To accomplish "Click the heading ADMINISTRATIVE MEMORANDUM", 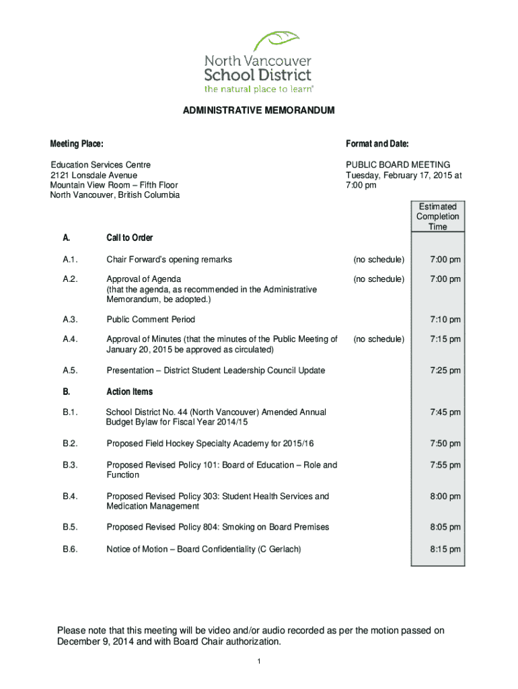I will click(x=258, y=110).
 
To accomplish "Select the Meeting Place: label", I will click(x=77, y=144).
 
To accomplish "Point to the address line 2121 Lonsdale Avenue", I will click(x=94, y=175).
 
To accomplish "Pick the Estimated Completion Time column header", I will click(x=437, y=217).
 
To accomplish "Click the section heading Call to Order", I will click(x=130, y=238).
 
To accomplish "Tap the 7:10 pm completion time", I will click(x=445, y=320).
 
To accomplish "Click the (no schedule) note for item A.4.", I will click(x=379, y=339).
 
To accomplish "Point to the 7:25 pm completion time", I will click(x=445, y=371).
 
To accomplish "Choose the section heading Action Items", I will click(x=130, y=392).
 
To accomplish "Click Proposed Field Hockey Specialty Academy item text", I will click(x=210, y=443).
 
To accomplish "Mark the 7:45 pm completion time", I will click(x=445, y=412).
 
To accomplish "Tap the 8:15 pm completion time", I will click(x=445, y=550).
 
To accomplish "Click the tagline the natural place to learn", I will click(x=259, y=89).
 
